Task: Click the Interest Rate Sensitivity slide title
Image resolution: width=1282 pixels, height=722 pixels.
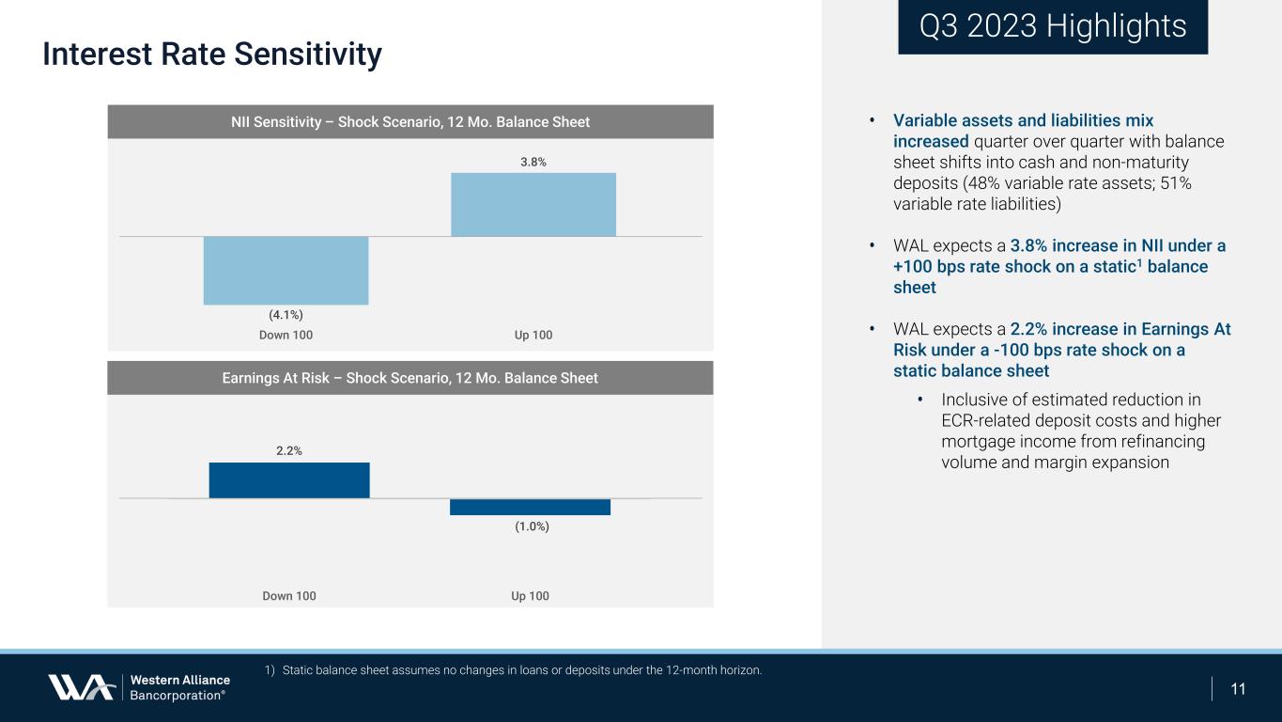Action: (x=212, y=55)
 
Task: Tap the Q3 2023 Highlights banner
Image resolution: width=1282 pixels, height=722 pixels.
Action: (x=1052, y=26)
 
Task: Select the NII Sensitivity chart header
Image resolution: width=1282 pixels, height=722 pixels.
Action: (x=410, y=122)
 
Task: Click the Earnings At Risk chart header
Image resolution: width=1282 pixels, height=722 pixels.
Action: (x=410, y=378)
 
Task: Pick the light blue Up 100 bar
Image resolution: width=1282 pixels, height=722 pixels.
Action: (x=533, y=204)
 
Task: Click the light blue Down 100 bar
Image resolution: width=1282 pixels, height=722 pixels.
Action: (x=286, y=270)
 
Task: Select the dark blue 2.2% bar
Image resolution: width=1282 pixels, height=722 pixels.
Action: (x=289, y=479)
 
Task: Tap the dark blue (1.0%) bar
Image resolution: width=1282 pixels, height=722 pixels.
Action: (x=530, y=507)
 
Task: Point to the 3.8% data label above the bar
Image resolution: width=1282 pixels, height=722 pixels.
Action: (x=533, y=162)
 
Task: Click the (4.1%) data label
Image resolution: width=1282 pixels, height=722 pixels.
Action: (x=286, y=315)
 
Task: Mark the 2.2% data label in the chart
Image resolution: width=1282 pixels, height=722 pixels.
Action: (x=289, y=451)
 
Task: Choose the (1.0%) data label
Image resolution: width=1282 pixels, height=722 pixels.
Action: (x=532, y=526)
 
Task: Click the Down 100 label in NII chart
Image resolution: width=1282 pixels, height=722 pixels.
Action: (x=286, y=336)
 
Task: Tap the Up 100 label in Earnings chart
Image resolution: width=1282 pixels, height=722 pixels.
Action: (x=530, y=596)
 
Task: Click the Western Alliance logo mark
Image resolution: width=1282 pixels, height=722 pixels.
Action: (x=83, y=687)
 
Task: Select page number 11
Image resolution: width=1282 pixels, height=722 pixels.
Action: (x=1238, y=689)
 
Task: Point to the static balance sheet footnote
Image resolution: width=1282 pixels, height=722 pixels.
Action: (x=513, y=670)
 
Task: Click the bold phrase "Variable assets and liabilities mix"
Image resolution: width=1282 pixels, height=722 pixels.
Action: (x=1023, y=121)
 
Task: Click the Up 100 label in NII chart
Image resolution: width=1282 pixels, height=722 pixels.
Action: (x=533, y=336)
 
